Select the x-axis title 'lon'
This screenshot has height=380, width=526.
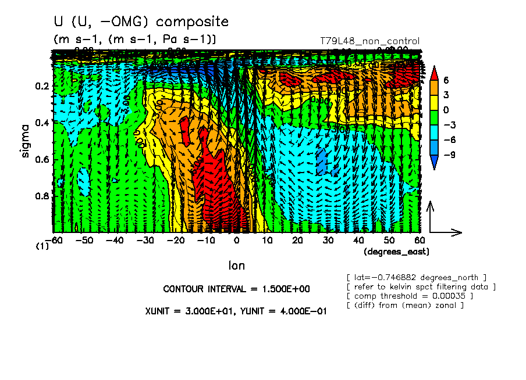[x=236, y=266]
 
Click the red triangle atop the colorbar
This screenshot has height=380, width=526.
[x=433, y=73]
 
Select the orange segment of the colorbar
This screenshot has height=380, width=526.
[x=433, y=87]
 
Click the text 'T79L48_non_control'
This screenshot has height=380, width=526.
[x=369, y=41]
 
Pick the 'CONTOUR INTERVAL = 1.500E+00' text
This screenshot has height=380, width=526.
[x=227, y=289]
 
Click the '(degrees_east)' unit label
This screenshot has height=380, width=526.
[x=396, y=252]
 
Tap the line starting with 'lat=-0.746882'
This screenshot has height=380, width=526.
[x=416, y=277]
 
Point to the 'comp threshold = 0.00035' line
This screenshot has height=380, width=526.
[x=410, y=296]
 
